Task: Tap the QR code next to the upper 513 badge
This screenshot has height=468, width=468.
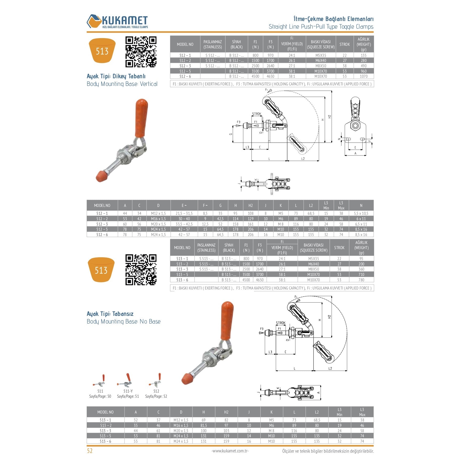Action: (141, 52)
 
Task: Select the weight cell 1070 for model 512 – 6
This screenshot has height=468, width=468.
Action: (363, 76)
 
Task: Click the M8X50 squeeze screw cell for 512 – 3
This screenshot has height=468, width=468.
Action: (320, 66)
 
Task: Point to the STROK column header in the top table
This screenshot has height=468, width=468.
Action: (344, 44)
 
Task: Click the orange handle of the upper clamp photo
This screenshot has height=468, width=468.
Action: (141, 118)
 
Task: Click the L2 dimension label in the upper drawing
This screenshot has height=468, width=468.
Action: (303, 159)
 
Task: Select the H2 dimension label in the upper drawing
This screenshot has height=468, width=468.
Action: (330, 116)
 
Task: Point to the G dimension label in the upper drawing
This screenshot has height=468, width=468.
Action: (231, 134)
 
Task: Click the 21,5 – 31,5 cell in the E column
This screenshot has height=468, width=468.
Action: (184, 213)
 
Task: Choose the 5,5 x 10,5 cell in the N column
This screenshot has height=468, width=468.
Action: (361, 213)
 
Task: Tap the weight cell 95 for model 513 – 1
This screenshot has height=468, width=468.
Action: (361, 259)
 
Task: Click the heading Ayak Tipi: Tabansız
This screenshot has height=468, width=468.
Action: (110, 314)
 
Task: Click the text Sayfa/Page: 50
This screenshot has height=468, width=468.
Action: (100, 396)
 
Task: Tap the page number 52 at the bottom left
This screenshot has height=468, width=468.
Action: (90, 451)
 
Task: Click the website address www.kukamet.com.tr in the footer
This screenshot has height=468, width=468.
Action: (230, 451)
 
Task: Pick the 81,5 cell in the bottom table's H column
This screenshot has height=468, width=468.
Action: (204, 425)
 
